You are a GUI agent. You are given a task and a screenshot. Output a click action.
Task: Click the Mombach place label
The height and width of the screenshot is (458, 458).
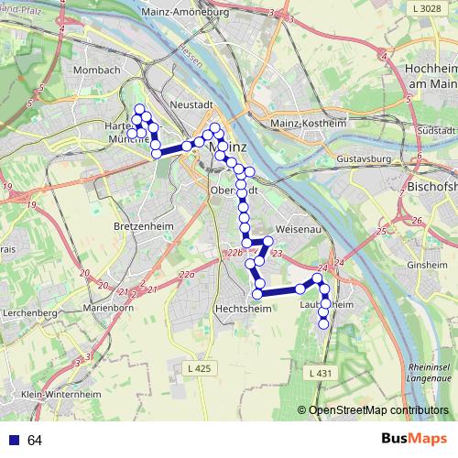(x=101, y=70)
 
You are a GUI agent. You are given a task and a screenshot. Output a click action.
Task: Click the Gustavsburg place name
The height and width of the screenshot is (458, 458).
(x=364, y=158)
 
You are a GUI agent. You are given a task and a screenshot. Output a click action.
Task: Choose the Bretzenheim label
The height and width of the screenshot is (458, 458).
(x=138, y=224)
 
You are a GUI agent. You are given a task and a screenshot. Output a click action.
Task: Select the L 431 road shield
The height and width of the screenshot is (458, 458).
(x=319, y=373)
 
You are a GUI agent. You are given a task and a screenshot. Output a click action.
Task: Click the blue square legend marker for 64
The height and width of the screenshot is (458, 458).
(x=14, y=441)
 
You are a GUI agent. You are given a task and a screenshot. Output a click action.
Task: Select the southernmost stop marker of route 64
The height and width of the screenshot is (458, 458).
(x=322, y=322)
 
